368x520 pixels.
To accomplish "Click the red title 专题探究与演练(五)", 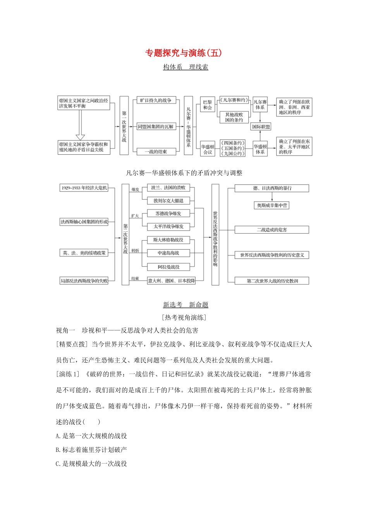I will click(x=184, y=53).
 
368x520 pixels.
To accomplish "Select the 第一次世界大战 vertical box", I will click(x=124, y=126).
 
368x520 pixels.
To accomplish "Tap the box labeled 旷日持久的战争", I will click(x=156, y=101).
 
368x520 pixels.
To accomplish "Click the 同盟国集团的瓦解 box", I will click(x=156, y=127).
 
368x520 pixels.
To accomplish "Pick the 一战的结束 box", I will click(x=156, y=152).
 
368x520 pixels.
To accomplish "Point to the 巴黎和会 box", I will click(x=208, y=105).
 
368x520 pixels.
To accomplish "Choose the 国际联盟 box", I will click(x=261, y=127).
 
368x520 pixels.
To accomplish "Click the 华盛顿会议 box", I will click(x=208, y=149).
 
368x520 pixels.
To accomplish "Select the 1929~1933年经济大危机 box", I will click(x=84, y=188).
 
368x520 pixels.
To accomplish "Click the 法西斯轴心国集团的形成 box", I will click(x=84, y=222).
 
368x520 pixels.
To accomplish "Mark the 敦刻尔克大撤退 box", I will click(x=169, y=201).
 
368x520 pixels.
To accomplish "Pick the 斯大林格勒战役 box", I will click(x=169, y=240).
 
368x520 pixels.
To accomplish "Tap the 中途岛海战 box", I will click(x=169, y=253).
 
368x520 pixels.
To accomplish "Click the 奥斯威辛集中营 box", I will click(x=272, y=205).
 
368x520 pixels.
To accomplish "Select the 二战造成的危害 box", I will click(x=272, y=230).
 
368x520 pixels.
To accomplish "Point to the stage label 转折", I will click(x=135, y=251).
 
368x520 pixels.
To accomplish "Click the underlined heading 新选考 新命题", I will click(x=186, y=305).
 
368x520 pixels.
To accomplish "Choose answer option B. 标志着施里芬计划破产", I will click(x=91, y=450).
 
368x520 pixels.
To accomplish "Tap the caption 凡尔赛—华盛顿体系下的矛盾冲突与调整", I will click(x=184, y=173).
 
